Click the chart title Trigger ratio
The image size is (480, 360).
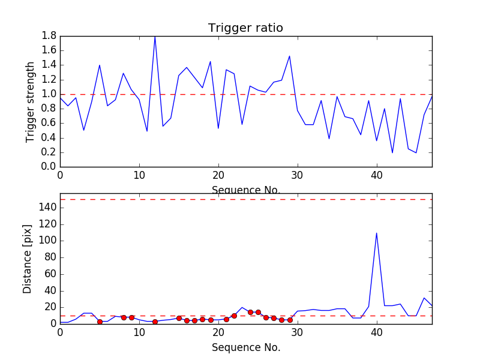point(245,28)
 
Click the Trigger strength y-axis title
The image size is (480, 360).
point(31,101)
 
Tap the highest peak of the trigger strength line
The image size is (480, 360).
point(155,37)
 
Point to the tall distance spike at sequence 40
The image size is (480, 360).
point(376,233)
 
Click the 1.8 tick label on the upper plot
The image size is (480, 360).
point(49,36)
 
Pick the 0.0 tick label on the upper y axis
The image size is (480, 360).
point(49,167)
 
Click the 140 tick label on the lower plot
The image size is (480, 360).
point(47,208)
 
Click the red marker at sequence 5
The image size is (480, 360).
point(100,322)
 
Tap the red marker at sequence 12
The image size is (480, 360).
point(155,322)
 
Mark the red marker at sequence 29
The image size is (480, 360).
point(290,320)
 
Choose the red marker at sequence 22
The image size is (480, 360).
point(234,316)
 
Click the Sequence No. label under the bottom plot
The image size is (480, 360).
point(245,347)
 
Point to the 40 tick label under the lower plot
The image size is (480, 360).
point(376,333)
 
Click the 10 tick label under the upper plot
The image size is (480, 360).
point(139,176)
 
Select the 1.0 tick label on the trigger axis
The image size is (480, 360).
point(49,94)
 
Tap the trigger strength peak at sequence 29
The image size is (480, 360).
point(290,56)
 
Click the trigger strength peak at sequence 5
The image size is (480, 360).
point(100,65)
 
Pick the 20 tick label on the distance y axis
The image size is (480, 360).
point(50,307)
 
